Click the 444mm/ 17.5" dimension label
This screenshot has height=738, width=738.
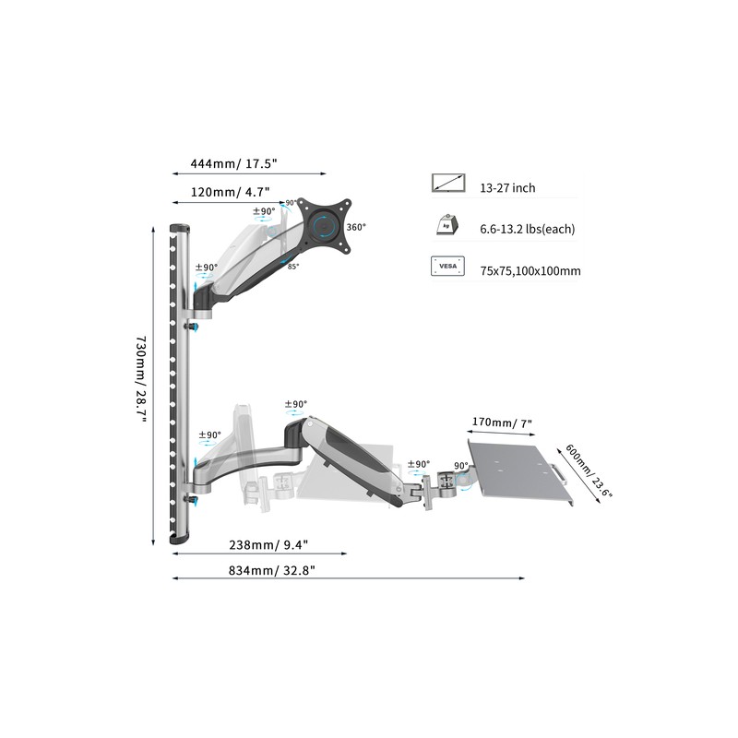pos(233,164)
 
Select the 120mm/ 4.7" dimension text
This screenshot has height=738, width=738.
pos(230,192)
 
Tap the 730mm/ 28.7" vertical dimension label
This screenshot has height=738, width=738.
pos(141,379)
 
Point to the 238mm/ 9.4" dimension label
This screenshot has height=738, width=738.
pos(268,544)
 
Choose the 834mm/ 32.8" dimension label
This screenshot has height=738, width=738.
pos(271,570)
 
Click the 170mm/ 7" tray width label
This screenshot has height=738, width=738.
pos(502,423)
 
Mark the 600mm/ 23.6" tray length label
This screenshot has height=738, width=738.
pos(589,470)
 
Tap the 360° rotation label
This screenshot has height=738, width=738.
pos(356,227)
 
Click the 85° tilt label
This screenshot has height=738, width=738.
pos(293,267)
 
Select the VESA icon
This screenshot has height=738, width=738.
pos(447,266)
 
